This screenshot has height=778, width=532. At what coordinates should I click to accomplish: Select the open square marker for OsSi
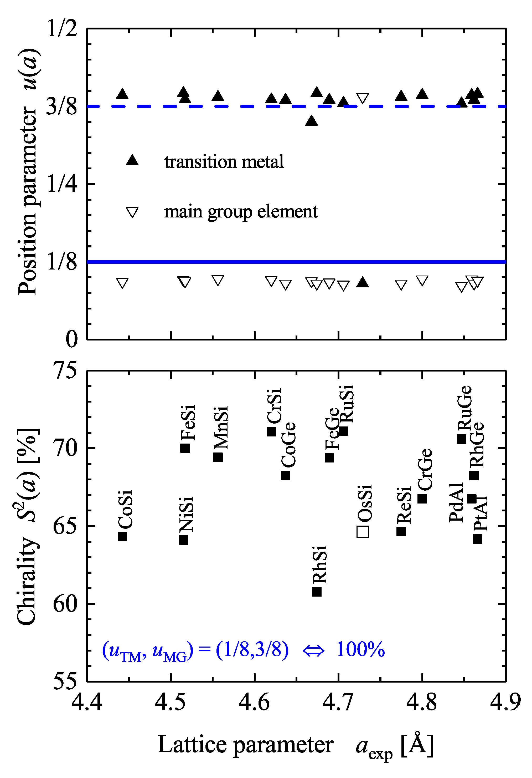(x=363, y=532)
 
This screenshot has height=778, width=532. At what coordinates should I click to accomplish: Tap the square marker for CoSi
(x=122, y=536)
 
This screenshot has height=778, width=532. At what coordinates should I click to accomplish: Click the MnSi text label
(x=221, y=428)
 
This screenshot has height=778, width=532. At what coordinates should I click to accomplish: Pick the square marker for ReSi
(x=401, y=531)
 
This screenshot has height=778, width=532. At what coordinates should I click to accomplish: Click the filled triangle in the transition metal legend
(x=132, y=160)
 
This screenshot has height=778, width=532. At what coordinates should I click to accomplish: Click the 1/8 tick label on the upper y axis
(x=62, y=262)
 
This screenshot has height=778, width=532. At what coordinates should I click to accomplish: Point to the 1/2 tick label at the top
(x=62, y=29)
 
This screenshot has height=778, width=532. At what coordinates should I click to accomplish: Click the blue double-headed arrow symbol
(x=313, y=650)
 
